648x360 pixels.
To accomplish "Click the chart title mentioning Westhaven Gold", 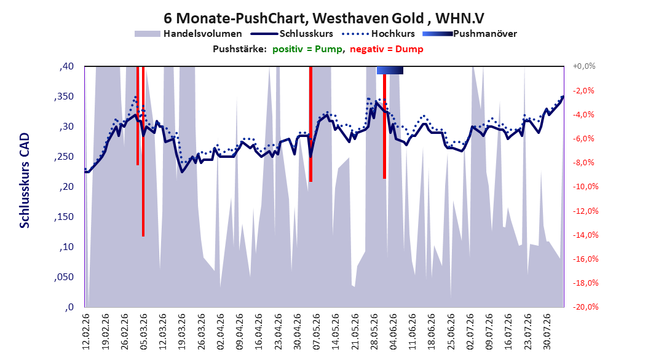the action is coord(323,18).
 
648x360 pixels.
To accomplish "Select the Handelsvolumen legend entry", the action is coord(188,34).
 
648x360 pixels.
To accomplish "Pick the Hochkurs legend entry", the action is coord(378,34).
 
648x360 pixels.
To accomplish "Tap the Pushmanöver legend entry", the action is coord(470,34).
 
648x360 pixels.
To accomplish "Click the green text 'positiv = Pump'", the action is coord(307,49).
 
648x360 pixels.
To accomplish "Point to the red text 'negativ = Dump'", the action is coord(387,49).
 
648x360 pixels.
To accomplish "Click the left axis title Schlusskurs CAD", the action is coord(25,181).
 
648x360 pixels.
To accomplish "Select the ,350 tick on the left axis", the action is coord(64,96).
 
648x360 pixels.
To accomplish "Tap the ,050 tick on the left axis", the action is coord(64,277).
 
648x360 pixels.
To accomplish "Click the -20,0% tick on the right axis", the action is coord(585,307).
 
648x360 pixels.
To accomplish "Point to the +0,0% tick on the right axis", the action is coord(583,66).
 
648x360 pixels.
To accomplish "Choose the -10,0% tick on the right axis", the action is coord(585,187).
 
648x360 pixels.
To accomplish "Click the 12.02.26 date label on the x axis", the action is coord(86,332).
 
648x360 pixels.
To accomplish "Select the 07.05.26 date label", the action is coord(316,332).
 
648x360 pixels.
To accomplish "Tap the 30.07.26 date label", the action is coord(547,332).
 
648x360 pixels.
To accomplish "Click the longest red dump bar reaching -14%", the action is coord(143,151).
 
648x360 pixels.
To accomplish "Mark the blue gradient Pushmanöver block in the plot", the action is coord(390,70).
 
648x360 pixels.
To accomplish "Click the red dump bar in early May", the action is coord(310,124).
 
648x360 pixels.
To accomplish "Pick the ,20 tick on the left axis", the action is coord(66,187).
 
